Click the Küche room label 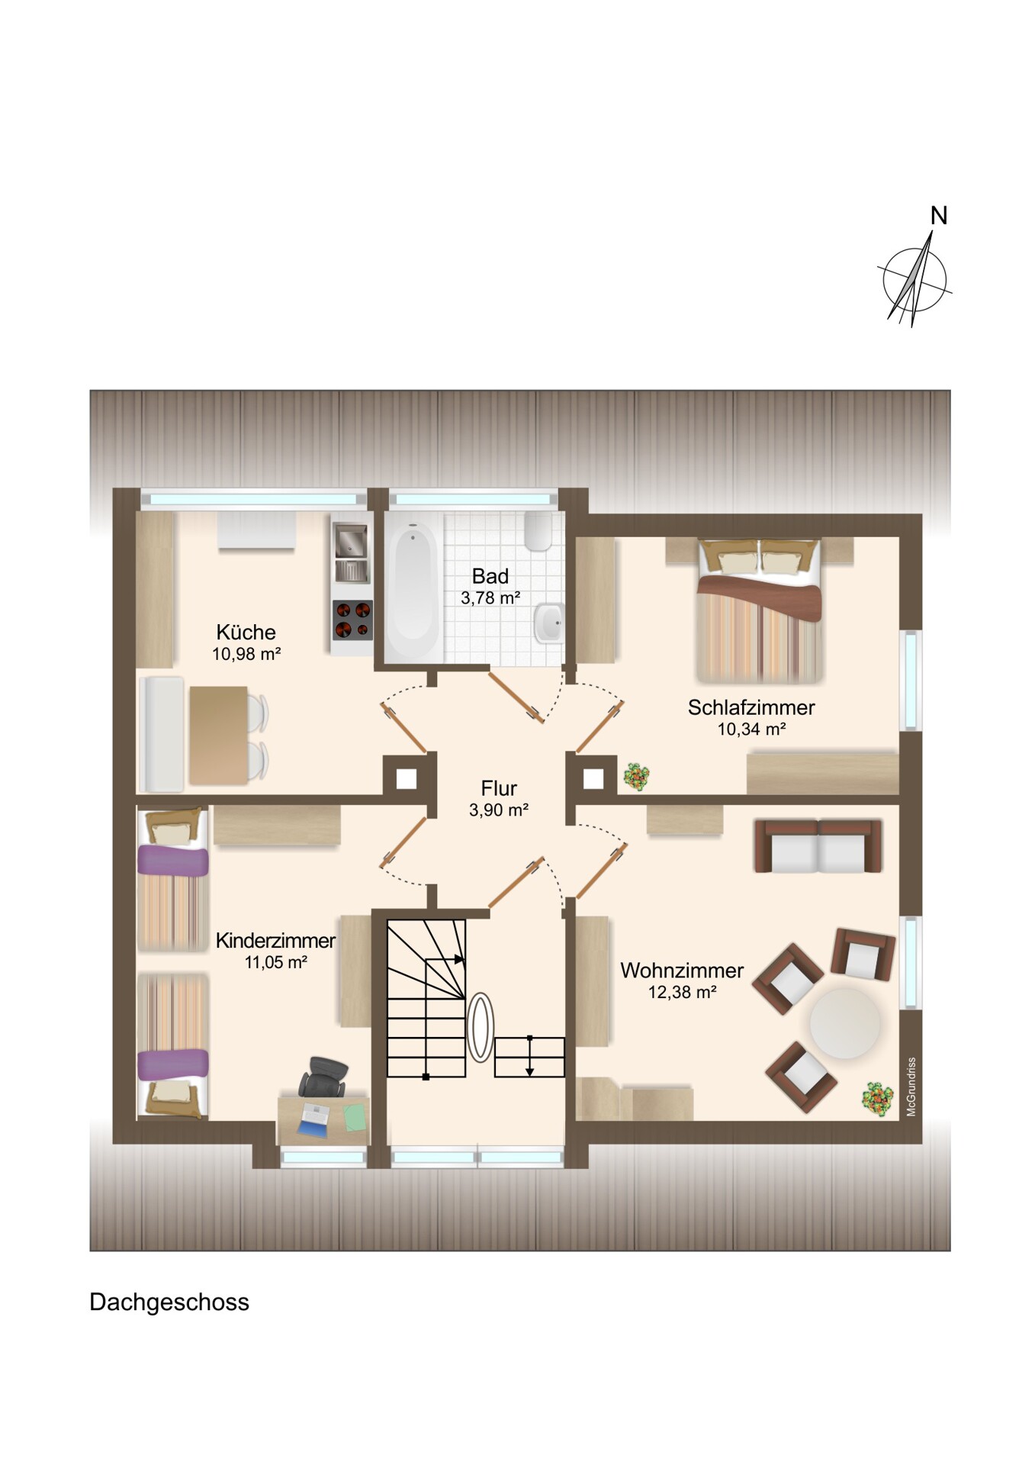pyautogui.click(x=246, y=632)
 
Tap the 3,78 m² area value pyautogui.click(x=490, y=598)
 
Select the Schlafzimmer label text pyautogui.click(x=751, y=707)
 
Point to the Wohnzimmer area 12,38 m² pyautogui.click(x=683, y=992)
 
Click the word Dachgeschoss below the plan pyautogui.click(x=169, y=1302)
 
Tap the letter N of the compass pyautogui.click(x=939, y=216)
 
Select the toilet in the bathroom pyautogui.click(x=538, y=531)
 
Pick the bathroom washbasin pyautogui.click(x=549, y=623)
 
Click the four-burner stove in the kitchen pyautogui.click(x=352, y=620)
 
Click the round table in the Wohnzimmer pyautogui.click(x=845, y=1023)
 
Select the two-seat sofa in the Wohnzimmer pyautogui.click(x=818, y=846)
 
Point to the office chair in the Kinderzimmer pyautogui.click(x=323, y=1076)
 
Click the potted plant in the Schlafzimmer pyautogui.click(x=635, y=777)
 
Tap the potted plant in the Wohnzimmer pyautogui.click(x=877, y=1100)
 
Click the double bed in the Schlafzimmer pyautogui.click(x=759, y=610)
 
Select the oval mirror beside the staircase pyautogui.click(x=481, y=1027)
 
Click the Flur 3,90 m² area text pyautogui.click(x=499, y=810)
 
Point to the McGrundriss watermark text pyautogui.click(x=911, y=1087)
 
